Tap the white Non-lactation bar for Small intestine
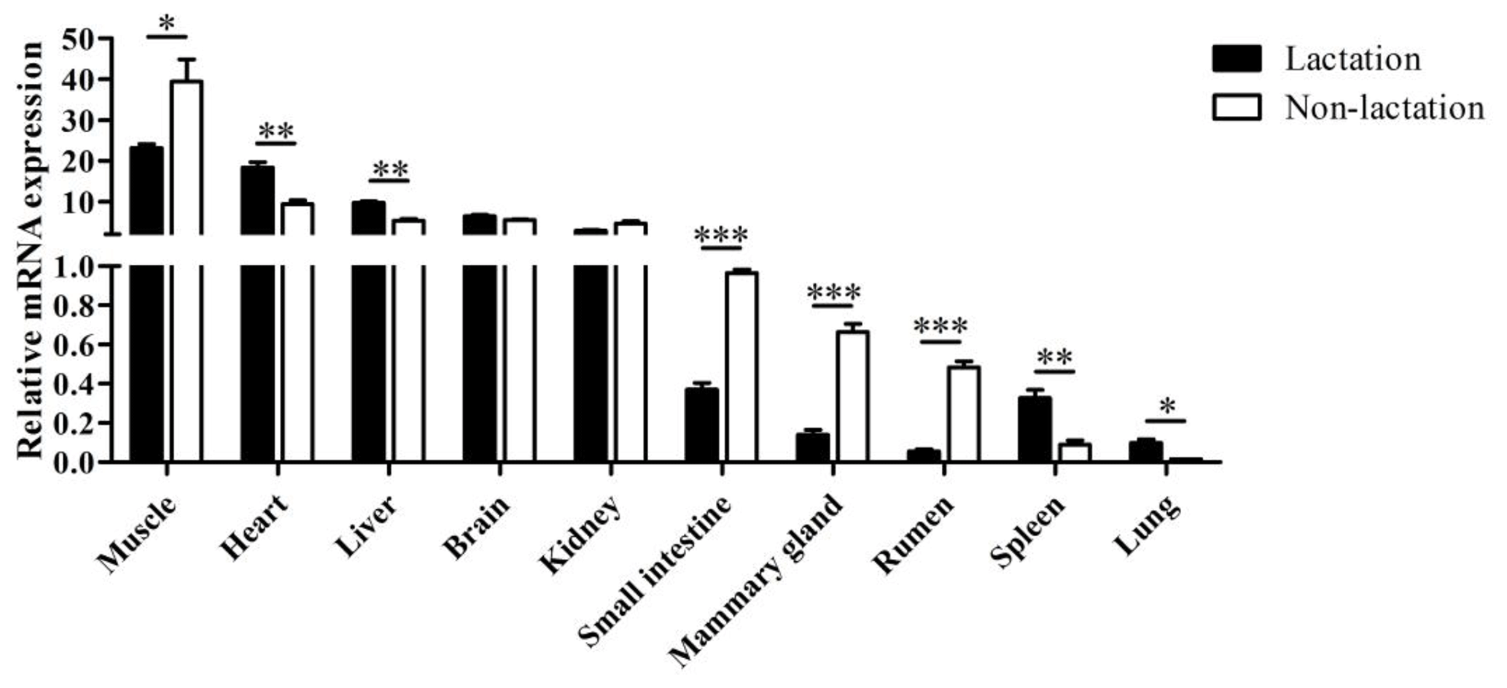(x=741, y=365)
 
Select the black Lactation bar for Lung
(x=1145, y=451)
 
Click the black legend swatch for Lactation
(x=1237, y=59)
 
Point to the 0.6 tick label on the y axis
(x=77, y=344)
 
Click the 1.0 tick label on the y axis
(x=77, y=266)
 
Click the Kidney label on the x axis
(x=580, y=533)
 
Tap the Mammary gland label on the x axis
(x=757, y=580)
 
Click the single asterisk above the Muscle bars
(x=167, y=23)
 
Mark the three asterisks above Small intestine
(x=721, y=236)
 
